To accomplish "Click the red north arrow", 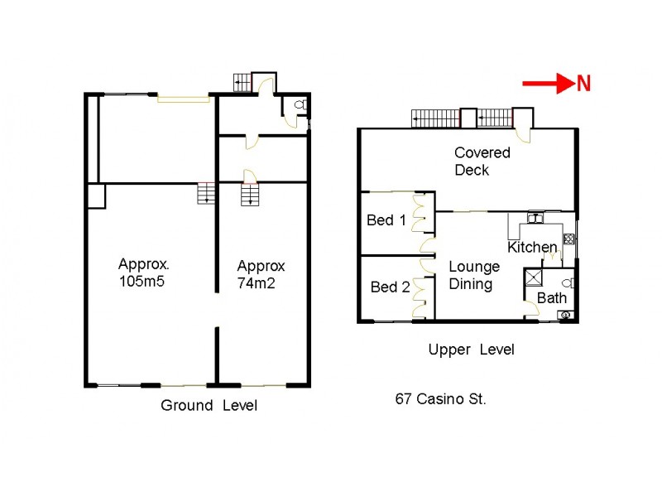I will coord(548,83).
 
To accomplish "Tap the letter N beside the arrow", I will coord(584,83).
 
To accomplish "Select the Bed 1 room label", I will coord(386,220).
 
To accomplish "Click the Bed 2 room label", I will coord(390,287).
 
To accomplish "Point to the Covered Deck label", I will coord(482,162).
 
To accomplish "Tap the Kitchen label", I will coord(532,247).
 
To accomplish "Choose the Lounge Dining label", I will coord(474,276).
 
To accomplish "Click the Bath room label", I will coord(552,297).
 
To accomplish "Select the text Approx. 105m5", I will coord(144,273).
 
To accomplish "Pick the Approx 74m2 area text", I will coord(261,274).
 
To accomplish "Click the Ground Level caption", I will coord(209,405).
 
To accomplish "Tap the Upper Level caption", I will coord(471,350).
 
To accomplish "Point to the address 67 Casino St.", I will coord(440,398).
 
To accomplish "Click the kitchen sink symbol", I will coord(535,219).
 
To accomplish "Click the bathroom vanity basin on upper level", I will coord(564,314).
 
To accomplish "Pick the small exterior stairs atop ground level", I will coord(242,82).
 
